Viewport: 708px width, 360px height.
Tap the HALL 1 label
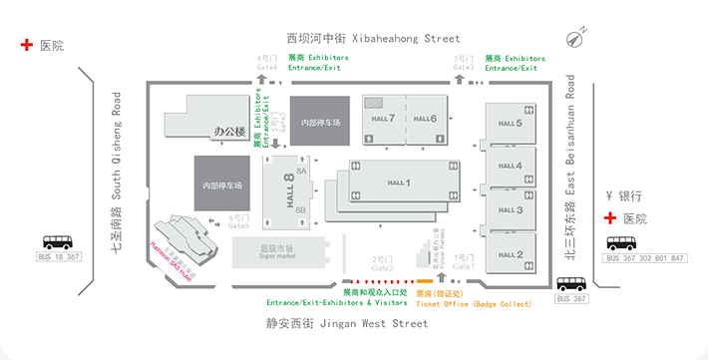tap(399, 182)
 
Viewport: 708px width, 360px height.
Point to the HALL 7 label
tap(383, 119)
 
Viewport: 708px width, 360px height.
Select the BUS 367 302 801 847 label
tap(645, 259)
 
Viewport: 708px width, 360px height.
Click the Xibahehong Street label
tap(373, 39)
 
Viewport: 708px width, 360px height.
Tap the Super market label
tap(278, 253)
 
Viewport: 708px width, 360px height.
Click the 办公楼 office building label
tap(229, 131)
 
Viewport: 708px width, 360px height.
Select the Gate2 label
tap(383, 266)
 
